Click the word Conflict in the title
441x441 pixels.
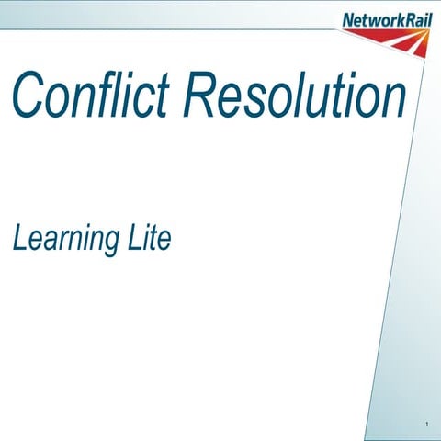pyautogui.click(x=91, y=94)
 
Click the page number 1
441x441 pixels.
pyautogui.click(x=427, y=424)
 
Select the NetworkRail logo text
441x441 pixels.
pyautogui.click(x=385, y=19)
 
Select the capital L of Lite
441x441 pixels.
pyautogui.click(x=132, y=239)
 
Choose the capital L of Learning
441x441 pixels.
pyautogui.click(x=19, y=239)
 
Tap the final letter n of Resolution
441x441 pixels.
pyautogui.click(x=390, y=99)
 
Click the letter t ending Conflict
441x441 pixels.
pyautogui.click(x=164, y=96)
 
